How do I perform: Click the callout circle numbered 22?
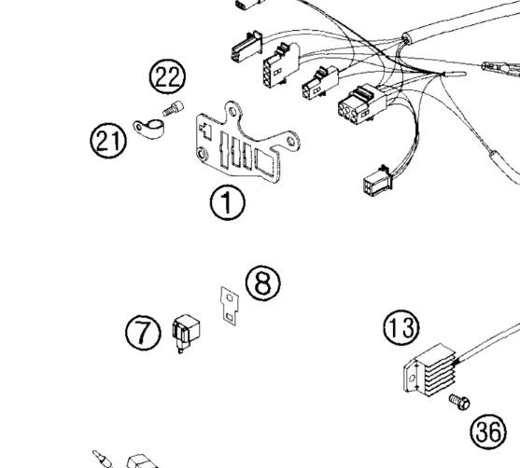167,76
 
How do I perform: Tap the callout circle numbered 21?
108,141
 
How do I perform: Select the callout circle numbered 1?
228,202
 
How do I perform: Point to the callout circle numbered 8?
263,282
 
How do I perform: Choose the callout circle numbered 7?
143,333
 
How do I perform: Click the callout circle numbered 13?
401,327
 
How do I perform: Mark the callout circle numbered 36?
488,432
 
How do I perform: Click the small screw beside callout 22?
173,108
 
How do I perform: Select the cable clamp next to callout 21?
148,129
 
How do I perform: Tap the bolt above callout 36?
459,402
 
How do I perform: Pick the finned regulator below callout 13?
430,369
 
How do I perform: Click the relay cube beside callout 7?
186,333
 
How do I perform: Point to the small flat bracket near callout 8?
230,307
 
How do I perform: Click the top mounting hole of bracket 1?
232,112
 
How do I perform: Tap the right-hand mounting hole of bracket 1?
291,142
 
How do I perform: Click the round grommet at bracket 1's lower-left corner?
202,154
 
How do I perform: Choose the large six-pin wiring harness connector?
361,104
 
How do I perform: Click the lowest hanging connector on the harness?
377,181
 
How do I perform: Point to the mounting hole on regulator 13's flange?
412,378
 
